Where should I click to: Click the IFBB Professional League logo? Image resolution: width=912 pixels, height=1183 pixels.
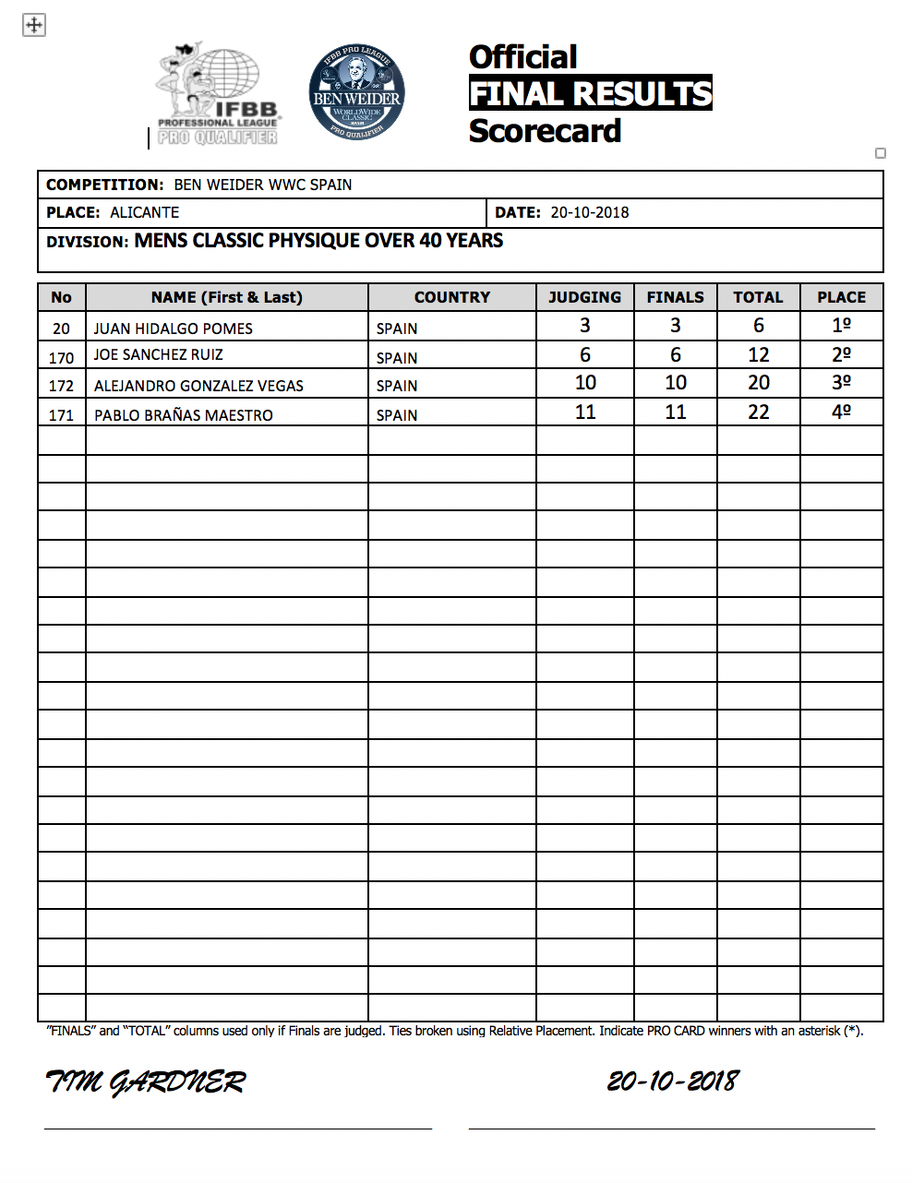pos(218,95)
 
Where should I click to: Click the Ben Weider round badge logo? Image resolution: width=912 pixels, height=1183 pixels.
pos(357,93)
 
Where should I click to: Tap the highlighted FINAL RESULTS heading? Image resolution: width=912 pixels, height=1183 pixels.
pos(591,93)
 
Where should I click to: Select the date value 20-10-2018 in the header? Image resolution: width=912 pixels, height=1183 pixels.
pos(590,212)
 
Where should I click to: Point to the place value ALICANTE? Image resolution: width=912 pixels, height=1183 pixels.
pos(145,212)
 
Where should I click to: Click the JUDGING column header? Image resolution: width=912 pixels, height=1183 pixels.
pos(584,297)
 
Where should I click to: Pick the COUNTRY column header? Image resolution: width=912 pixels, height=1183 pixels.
pos(452,297)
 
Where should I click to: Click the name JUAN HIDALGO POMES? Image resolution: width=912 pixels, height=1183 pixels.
pos(173,329)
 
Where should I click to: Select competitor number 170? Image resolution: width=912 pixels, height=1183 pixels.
pos(61,358)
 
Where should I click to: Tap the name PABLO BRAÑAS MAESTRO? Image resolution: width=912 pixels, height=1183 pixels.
pos(184,415)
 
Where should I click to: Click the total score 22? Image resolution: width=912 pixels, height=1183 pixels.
pos(759,412)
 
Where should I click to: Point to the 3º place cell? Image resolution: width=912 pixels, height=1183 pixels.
pos(842,383)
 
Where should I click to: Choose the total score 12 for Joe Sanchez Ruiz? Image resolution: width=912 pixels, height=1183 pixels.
pos(759,355)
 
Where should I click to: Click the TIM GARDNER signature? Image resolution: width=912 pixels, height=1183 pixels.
pos(146,1081)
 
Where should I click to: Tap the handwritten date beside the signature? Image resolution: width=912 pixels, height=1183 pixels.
pos(674,1081)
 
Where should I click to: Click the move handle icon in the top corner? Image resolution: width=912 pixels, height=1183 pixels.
pos(34,25)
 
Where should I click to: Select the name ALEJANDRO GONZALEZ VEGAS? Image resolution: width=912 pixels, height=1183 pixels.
pos(198,386)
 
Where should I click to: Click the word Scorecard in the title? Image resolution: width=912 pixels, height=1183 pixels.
pos(545,131)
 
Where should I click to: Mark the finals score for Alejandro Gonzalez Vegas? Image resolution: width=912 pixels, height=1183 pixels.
pos(676,383)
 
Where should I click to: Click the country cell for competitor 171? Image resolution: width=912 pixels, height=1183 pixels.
pos(397,415)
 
